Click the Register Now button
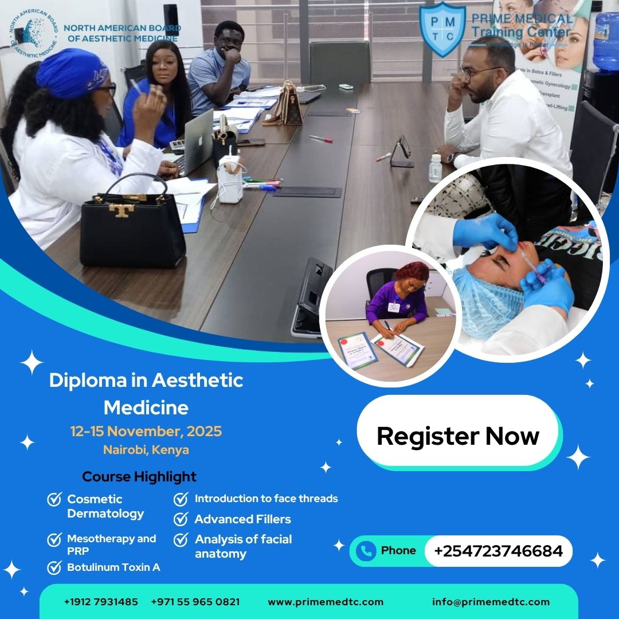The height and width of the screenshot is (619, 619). (x=457, y=436)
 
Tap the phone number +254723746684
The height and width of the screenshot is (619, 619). (x=498, y=551)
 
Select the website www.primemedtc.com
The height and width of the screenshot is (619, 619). (x=326, y=602)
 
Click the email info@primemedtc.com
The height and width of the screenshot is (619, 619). (x=491, y=602)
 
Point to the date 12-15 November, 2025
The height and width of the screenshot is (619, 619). (x=146, y=431)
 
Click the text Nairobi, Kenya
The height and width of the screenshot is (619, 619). (x=146, y=450)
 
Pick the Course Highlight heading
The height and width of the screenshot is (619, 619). (x=139, y=476)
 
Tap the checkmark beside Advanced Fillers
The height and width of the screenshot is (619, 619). (x=181, y=519)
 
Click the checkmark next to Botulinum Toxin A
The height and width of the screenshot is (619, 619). (x=54, y=567)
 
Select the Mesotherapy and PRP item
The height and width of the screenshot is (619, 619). (x=111, y=544)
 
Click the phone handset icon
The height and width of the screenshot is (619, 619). (x=365, y=551)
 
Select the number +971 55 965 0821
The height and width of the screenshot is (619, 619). (x=195, y=602)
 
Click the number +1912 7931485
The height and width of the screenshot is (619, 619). (x=101, y=602)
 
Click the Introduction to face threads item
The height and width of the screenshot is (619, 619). (x=266, y=499)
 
